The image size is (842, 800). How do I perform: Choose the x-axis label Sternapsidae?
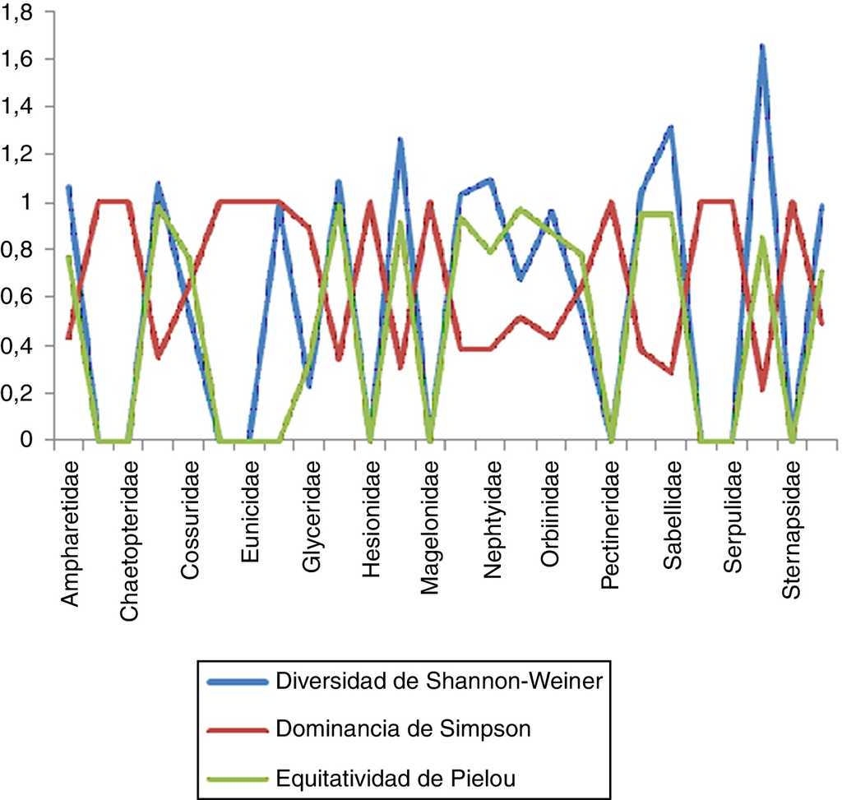[794, 534]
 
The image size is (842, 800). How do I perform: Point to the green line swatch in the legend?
[238, 776]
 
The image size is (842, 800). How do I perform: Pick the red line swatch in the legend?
[238, 729]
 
